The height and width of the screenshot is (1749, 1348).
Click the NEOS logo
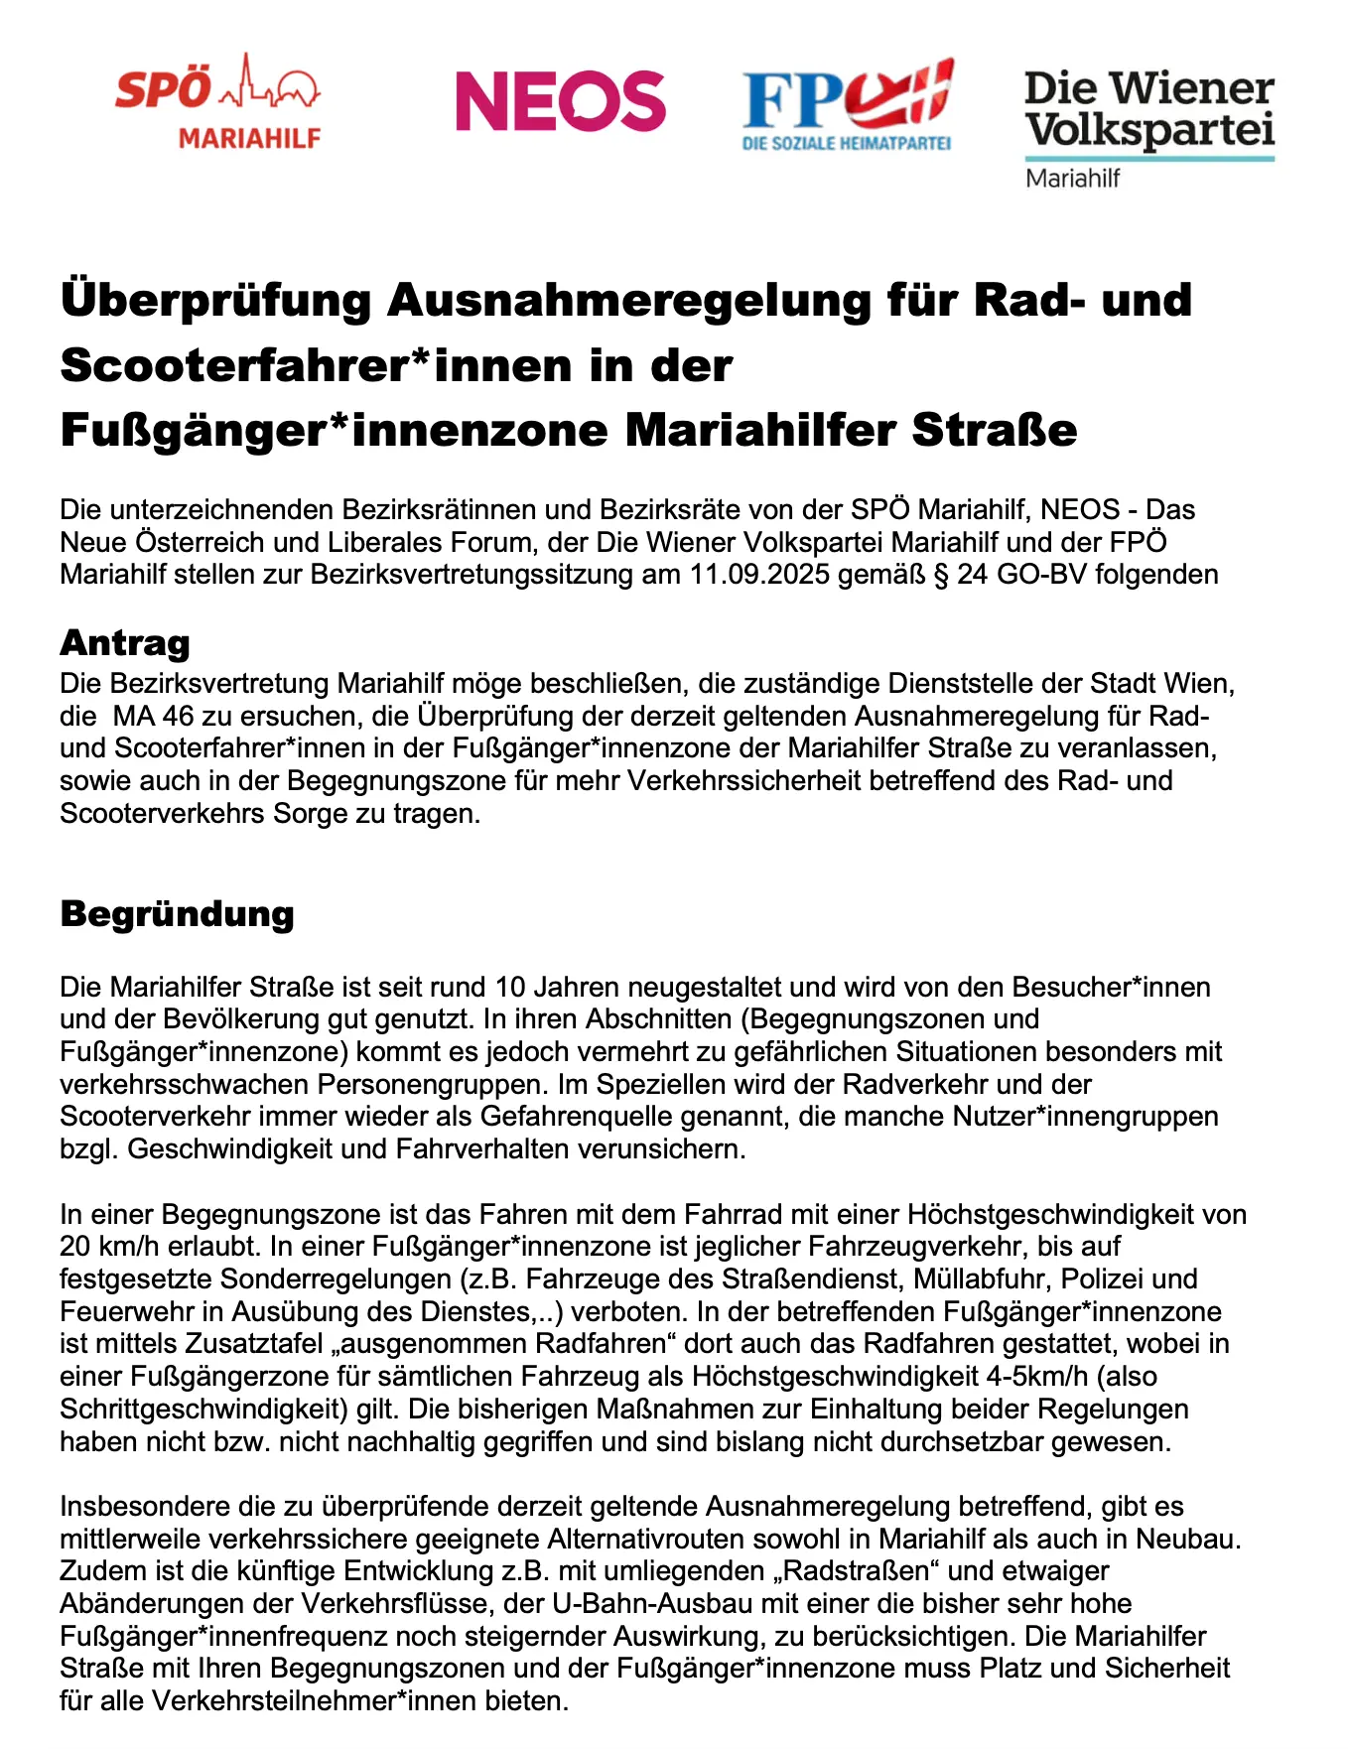560,100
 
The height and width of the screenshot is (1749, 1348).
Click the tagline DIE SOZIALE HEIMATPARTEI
847,144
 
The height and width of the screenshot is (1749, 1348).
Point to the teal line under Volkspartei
1149,158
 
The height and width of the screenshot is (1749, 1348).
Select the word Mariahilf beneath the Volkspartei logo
1072,179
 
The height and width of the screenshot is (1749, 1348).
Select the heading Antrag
125,643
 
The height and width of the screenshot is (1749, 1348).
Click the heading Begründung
177,913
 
